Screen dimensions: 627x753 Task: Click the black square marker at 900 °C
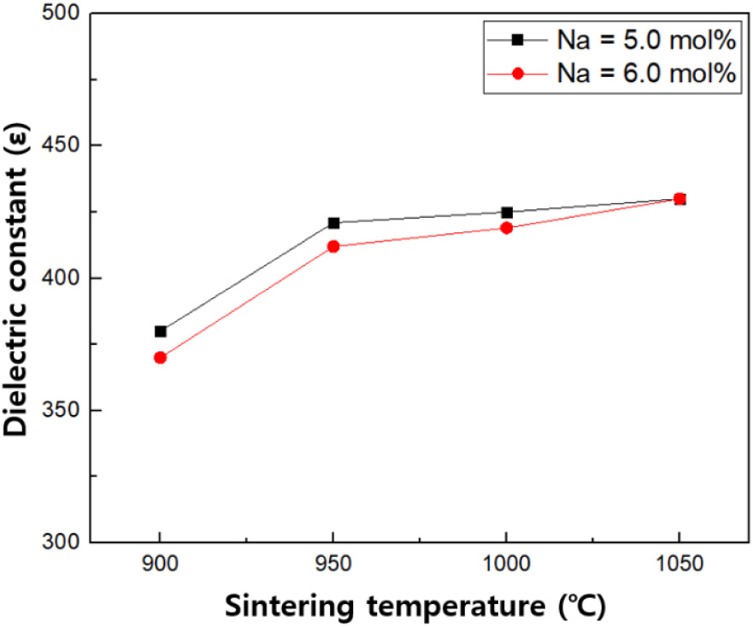pos(160,331)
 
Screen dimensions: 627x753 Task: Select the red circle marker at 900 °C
pos(160,357)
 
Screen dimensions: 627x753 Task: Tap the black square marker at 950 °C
pos(333,223)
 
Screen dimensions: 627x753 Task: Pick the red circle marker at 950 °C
pos(333,246)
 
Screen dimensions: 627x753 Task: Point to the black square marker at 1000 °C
pos(507,212)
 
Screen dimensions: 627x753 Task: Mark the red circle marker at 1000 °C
pos(507,228)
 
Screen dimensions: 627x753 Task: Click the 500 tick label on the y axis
pos(60,14)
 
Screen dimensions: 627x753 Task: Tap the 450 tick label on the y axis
pos(60,145)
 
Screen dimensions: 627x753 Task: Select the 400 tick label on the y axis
pos(60,278)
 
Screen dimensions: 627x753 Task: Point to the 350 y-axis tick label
pos(60,410)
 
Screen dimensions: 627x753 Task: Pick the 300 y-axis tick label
pos(60,542)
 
